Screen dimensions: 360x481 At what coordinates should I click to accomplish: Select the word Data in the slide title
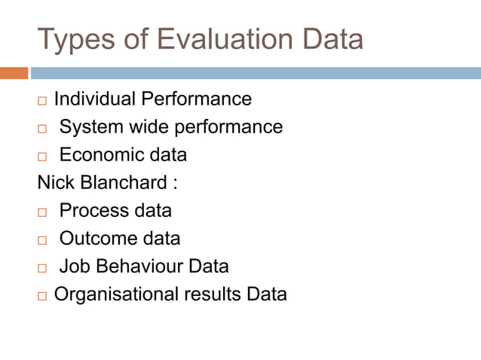tap(329, 39)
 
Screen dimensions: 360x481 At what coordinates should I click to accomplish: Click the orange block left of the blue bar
tap(14, 73)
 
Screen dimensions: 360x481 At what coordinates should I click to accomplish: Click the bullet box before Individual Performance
tap(42, 100)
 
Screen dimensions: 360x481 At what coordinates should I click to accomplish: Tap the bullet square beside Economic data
tap(42, 157)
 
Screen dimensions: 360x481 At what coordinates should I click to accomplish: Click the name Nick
tap(54, 183)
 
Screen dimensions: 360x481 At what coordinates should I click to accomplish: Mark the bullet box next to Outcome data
tap(42, 240)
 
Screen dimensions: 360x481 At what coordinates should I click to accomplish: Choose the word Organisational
tap(116, 294)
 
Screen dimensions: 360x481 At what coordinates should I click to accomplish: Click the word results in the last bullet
tap(212, 294)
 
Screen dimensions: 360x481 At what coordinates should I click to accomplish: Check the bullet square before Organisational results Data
tap(42, 296)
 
